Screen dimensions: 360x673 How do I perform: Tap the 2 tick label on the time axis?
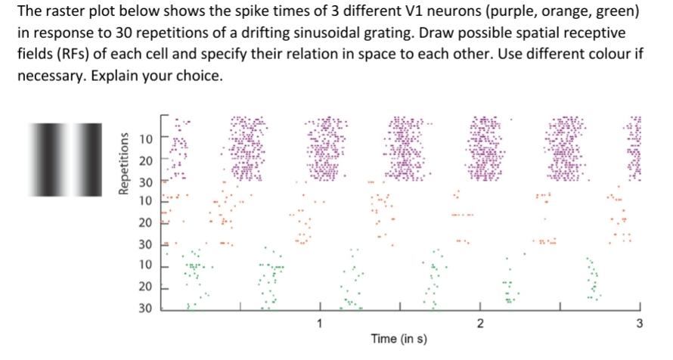[479, 324]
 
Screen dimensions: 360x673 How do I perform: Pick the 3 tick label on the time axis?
[639, 324]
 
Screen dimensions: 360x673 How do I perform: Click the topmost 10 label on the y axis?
[145, 139]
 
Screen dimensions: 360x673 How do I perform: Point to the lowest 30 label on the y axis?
[145, 308]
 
